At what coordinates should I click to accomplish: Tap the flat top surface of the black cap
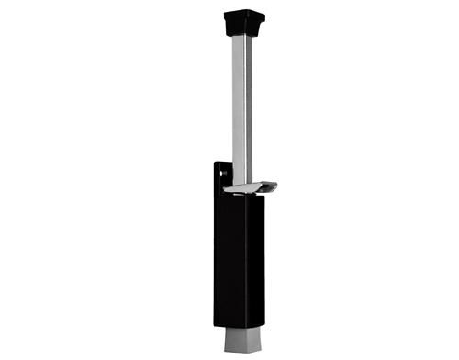click(x=243, y=13)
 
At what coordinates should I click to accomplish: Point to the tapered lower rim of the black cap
click(x=243, y=30)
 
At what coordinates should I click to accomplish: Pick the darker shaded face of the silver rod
click(x=248, y=101)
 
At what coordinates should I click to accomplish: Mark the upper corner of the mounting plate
click(x=217, y=163)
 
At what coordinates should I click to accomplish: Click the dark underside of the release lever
click(x=262, y=192)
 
